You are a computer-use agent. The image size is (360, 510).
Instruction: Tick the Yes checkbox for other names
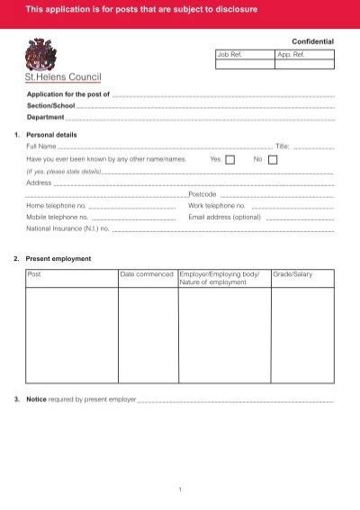pyautogui.click(x=229, y=159)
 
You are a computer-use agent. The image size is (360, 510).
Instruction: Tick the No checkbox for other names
pyautogui.click(x=274, y=159)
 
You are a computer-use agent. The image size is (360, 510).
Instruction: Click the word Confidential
pyautogui.click(x=312, y=42)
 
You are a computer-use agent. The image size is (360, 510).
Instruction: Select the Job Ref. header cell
pyautogui.click(x=230, y=54)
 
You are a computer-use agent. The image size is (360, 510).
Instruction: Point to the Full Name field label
pyautogui.click(x=41, y=146)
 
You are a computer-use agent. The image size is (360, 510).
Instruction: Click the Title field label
pyautogui.click(x=282, y=146)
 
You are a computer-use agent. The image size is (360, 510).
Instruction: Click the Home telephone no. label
pyautogui.click(x=57, y=205)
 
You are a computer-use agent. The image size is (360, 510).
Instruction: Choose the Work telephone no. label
pyautogui.click(x=218, y=205)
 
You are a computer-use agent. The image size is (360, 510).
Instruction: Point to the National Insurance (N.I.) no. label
pyautogui.click(x=67, y=228)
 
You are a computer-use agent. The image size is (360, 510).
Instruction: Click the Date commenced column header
pyautogui.click(x=147, y=274)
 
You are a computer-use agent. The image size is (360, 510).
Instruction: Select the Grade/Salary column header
pyautogui.click(x=292, y=274)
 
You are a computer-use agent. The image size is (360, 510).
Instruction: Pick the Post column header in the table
pyautogui.click(x=35, y=274)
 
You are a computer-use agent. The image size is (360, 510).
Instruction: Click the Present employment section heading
pyautogui.click(x=58, y=258)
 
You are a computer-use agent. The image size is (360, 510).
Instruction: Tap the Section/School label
pyautogui.click(x=50, y=105)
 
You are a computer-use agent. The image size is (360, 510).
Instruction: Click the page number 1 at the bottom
pyautogui.click(x=180, y=489)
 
